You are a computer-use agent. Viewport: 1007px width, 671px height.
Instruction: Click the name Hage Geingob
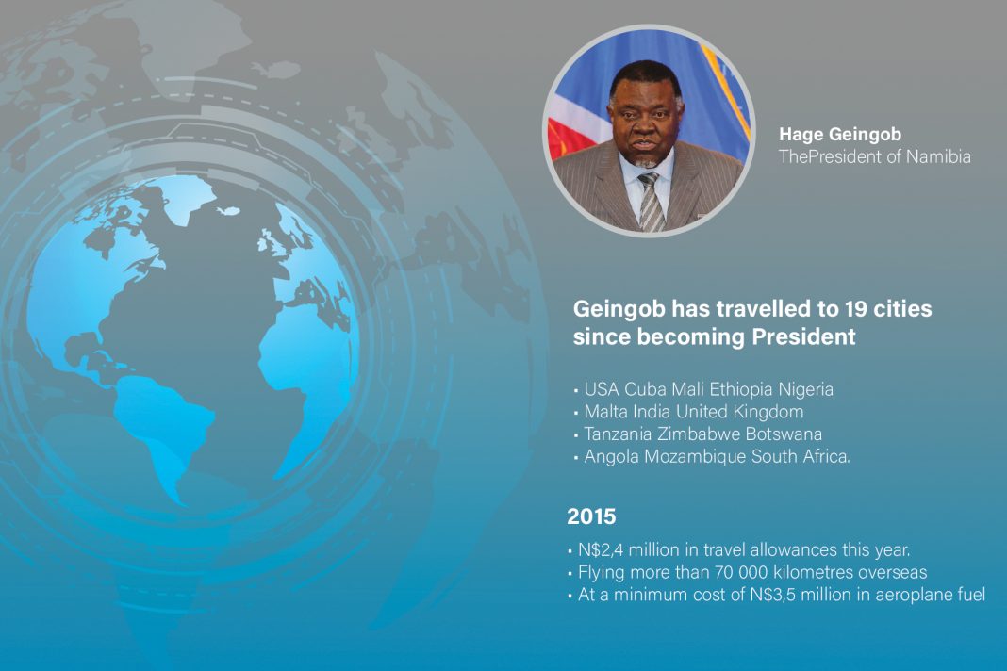[x=839, y=135]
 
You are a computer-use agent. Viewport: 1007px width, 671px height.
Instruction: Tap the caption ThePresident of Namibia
[x=875, y=156]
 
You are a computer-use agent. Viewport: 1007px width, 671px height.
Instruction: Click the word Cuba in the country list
[x=645, y=389]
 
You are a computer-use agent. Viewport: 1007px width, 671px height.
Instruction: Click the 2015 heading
[x=591, y=516]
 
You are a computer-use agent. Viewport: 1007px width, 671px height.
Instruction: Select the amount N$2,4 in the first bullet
[x=601, y=550]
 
